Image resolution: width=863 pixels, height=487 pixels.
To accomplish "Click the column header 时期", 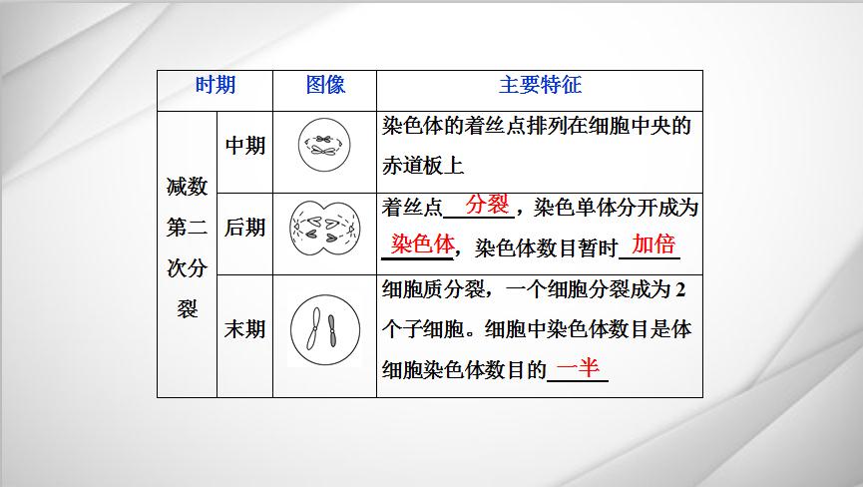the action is tap(216, 85).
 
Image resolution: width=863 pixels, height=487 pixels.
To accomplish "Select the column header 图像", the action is tap(325, 85).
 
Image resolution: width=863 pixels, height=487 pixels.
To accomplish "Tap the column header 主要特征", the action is tap(540, 85).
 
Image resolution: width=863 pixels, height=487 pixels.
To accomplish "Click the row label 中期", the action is tap(245, 146).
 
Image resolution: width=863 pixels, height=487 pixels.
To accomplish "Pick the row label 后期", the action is tap(244, 228).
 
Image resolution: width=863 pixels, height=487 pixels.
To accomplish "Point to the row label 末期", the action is tap(244, 329).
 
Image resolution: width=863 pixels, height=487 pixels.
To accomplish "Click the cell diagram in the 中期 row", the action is tap(324, 145).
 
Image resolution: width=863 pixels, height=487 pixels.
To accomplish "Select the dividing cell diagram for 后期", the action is tap(325, 229).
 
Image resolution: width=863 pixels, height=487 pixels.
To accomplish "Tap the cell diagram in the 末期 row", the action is tap(325, 330).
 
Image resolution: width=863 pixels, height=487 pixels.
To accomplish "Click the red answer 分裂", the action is tap(487, 205).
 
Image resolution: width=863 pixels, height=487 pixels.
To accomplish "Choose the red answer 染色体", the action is tap(423, 243).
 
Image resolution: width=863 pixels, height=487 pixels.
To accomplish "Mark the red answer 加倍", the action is tap(653, 243).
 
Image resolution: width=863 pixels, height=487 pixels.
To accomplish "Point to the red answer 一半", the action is tap(578, 367).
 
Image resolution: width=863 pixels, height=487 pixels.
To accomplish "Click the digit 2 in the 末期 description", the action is tap(680, 289).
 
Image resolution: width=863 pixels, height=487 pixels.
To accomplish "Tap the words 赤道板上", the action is tap(423, 165).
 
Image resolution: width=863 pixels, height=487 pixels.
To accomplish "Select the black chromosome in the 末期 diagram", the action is tap(332, 330).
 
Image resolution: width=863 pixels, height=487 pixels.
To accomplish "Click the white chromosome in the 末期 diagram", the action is tap(313, 328).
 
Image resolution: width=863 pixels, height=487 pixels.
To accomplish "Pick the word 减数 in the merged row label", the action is tap(188, 187).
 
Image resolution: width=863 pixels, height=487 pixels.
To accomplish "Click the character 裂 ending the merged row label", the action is tap(188, 308).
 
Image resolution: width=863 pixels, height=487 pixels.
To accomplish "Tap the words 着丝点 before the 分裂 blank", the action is tap(412, 208).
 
